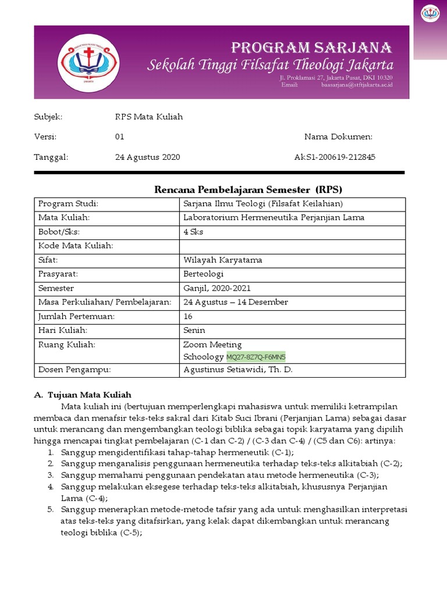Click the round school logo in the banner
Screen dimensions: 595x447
(89, 62)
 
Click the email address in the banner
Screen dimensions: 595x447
(357, 85)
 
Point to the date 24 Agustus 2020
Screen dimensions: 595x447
(147, 157)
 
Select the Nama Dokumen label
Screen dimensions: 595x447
(338, 137)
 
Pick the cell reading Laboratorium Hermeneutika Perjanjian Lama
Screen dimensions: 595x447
(274, 218)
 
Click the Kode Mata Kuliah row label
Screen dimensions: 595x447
(76, 246)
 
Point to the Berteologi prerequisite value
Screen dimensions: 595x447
(202, 274)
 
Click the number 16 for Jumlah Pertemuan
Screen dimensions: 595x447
(187, 316)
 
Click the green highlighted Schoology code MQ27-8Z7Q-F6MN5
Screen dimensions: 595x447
(260, 356)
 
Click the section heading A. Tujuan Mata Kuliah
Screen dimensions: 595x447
(83, 395)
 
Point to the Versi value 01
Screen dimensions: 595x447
(120, 137)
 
